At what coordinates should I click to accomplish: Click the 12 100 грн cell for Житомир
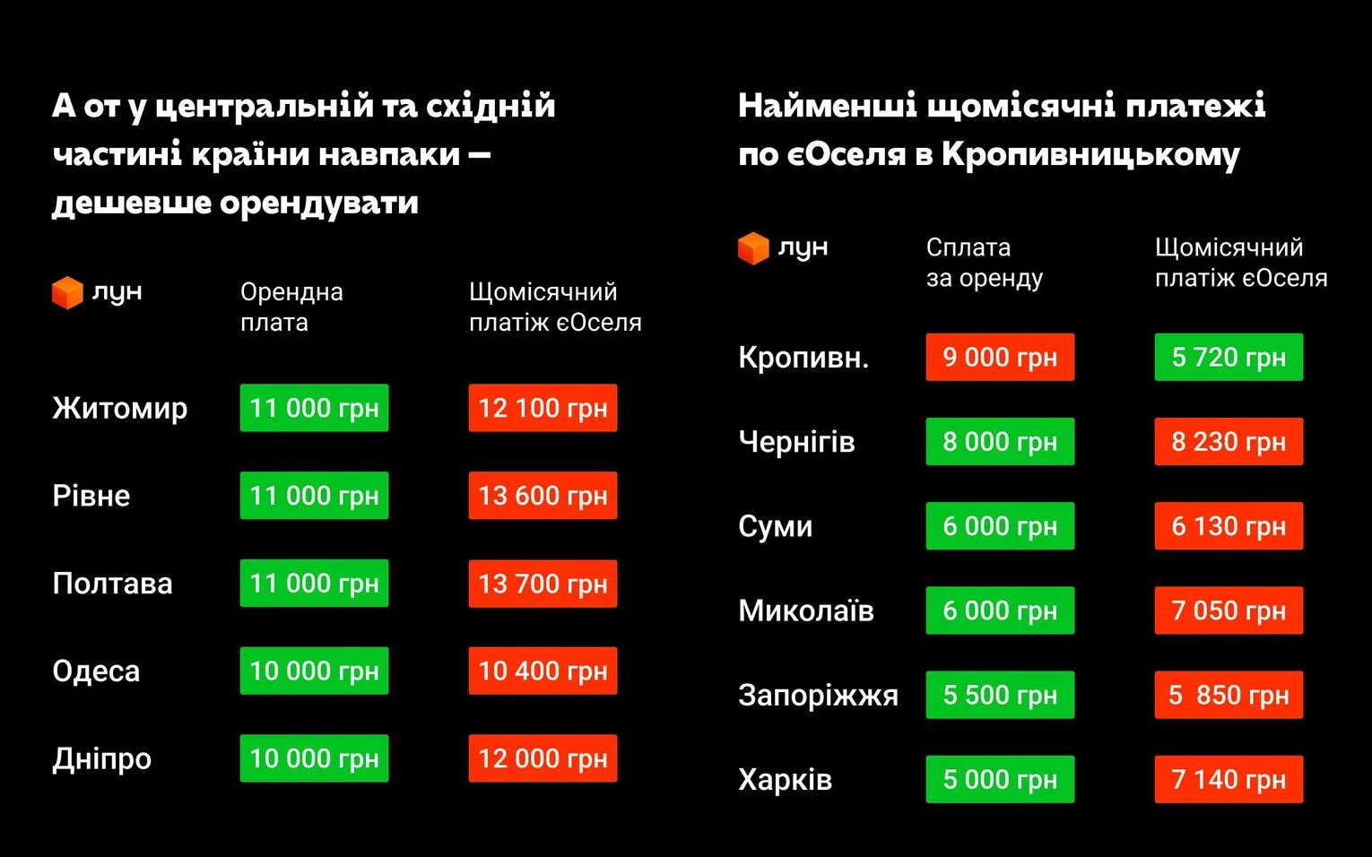[x=543, y=408]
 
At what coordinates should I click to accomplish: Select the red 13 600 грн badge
[x=543, y=496]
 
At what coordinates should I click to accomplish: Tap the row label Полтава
[x=112, y=584]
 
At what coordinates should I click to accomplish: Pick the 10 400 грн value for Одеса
[x=543, y=671]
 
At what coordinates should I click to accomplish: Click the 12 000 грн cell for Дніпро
[x=543, y=758]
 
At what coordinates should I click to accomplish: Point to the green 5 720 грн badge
[x=1229, y=357]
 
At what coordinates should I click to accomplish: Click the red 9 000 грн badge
[x=1000, y=357]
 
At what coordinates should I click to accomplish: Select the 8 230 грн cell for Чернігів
[x=1229, y=441]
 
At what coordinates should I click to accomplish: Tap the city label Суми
[x=775, y=526]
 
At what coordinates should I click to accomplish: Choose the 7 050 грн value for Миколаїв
[x=1229, y=610]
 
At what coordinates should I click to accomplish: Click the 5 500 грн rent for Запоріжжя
[x=1000, y=695]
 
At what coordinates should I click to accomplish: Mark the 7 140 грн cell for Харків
[x=1229, y=779]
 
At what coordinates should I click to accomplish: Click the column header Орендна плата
[x=291, y=307]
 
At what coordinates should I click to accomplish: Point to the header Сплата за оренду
[x=984, y=262]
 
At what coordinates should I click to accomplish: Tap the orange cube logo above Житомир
[x=67, y=292]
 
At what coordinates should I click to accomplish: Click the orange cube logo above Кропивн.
[x=753, y=247]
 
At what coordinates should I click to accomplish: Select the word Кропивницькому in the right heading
[x=1090, y=154]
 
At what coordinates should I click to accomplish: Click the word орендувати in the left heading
[x=318, y=203]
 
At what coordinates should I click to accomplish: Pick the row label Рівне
[x=91, y=496]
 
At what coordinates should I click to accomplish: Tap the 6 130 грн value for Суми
[x=1229, y=526]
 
